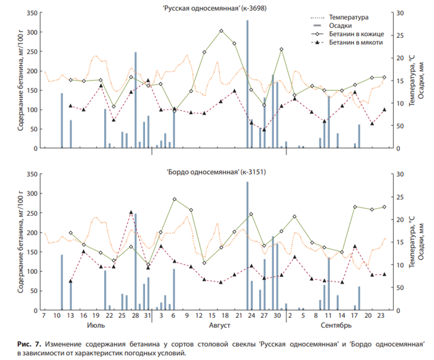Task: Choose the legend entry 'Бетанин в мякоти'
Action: tap(357, 43)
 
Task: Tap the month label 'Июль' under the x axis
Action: tap(96, 325)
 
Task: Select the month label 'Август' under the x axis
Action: tap(219, 325)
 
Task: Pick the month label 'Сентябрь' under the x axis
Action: tap(337, 325)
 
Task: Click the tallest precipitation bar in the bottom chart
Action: tap(247, 245)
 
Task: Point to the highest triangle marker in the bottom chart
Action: tap(131, 212)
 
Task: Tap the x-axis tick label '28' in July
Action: tap(135, 316)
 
